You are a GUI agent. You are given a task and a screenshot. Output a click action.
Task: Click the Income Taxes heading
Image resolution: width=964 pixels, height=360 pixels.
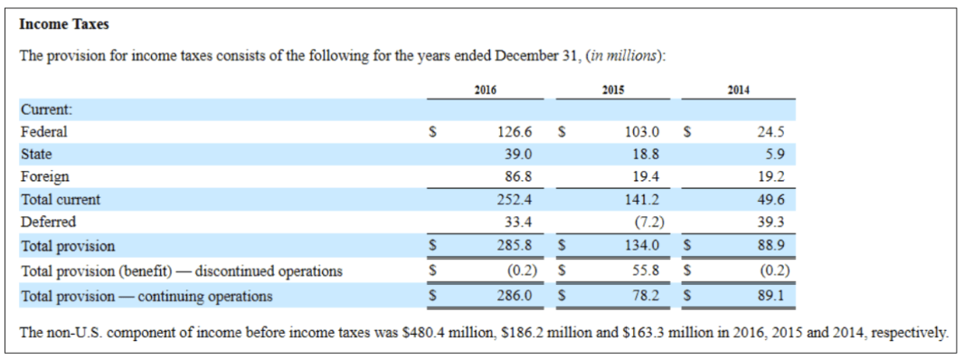tap(64, 24)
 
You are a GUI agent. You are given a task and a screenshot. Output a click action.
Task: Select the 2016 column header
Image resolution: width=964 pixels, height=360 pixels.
tap(486, 90)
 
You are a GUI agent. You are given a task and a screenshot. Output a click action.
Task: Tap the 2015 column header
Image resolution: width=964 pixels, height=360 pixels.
tap(613, 90)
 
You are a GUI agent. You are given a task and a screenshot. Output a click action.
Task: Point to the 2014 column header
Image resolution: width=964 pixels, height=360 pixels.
tap(738, 90)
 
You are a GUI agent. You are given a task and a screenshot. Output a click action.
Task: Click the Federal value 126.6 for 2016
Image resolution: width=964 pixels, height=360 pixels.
tap(515, 132)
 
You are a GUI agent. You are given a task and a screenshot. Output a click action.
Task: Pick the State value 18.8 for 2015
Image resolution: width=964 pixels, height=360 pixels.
tap(647, 154)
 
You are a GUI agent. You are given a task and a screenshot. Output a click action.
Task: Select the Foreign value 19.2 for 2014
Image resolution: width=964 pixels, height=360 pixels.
tap(771, 176)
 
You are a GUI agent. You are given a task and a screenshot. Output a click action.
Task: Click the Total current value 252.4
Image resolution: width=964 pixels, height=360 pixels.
tap(515, 199)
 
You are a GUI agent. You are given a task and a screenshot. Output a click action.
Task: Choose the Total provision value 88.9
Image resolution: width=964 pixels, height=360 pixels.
tap(771, 246)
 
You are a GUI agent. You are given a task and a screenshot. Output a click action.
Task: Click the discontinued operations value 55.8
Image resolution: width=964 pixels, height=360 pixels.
tap(647, 270)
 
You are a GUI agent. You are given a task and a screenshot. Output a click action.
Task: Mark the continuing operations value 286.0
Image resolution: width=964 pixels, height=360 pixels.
tap(515, 296)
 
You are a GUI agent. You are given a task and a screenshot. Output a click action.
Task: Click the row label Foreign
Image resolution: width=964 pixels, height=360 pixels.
tap(45, 176)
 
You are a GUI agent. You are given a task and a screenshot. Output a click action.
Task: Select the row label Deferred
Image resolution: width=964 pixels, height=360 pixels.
tap(49, 223)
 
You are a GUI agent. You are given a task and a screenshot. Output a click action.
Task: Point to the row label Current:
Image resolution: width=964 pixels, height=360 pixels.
tap(47, 110)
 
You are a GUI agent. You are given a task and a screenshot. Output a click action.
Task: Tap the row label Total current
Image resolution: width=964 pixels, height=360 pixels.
tap(61, 199)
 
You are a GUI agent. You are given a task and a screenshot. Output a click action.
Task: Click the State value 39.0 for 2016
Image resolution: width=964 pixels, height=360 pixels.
tap(518, 154)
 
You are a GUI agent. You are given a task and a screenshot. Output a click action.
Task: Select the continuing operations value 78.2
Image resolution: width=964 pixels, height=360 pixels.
tap(647, 296)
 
